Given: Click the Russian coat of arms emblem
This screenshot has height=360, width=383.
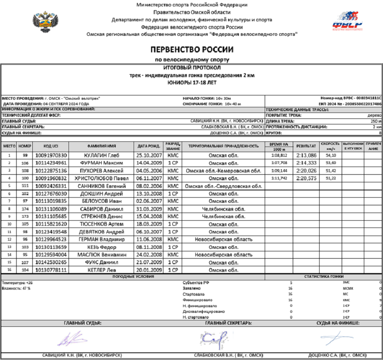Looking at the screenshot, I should (x=46, y=23).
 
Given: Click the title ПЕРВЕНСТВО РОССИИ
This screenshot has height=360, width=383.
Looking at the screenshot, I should (x=191, y=49).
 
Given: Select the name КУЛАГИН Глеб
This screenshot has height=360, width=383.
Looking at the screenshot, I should (x=102, y=155).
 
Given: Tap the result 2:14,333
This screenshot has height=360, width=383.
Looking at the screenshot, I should (x=306, y=163).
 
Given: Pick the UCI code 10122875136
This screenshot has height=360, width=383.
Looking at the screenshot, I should (x=51, y=170).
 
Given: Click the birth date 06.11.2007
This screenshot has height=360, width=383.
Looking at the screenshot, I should (x=149, y=178).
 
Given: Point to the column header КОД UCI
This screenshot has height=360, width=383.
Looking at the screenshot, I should (x=51, y=146).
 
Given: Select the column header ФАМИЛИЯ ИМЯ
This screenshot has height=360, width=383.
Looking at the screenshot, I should (x=102, y=146).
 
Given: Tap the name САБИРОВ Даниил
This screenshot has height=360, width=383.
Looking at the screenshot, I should (x=102, y=209).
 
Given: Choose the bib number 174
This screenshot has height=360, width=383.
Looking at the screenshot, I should (x=25, y=209).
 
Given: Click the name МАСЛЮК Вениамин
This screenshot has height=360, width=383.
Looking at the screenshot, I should (x=102, y=255).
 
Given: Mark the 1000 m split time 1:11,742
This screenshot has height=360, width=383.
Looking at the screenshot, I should (x=279, y=178).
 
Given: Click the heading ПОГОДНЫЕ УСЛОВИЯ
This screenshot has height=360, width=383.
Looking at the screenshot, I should (x=133, y=277).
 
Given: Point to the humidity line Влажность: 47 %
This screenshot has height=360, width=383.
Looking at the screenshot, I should (x=16, y=288).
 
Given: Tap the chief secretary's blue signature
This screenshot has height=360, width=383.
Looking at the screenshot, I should (x=213, y=338).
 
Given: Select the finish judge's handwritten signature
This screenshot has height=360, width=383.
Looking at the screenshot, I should (x=336, y=338).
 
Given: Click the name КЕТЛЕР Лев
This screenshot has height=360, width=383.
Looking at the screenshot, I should (x=102, y=270).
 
